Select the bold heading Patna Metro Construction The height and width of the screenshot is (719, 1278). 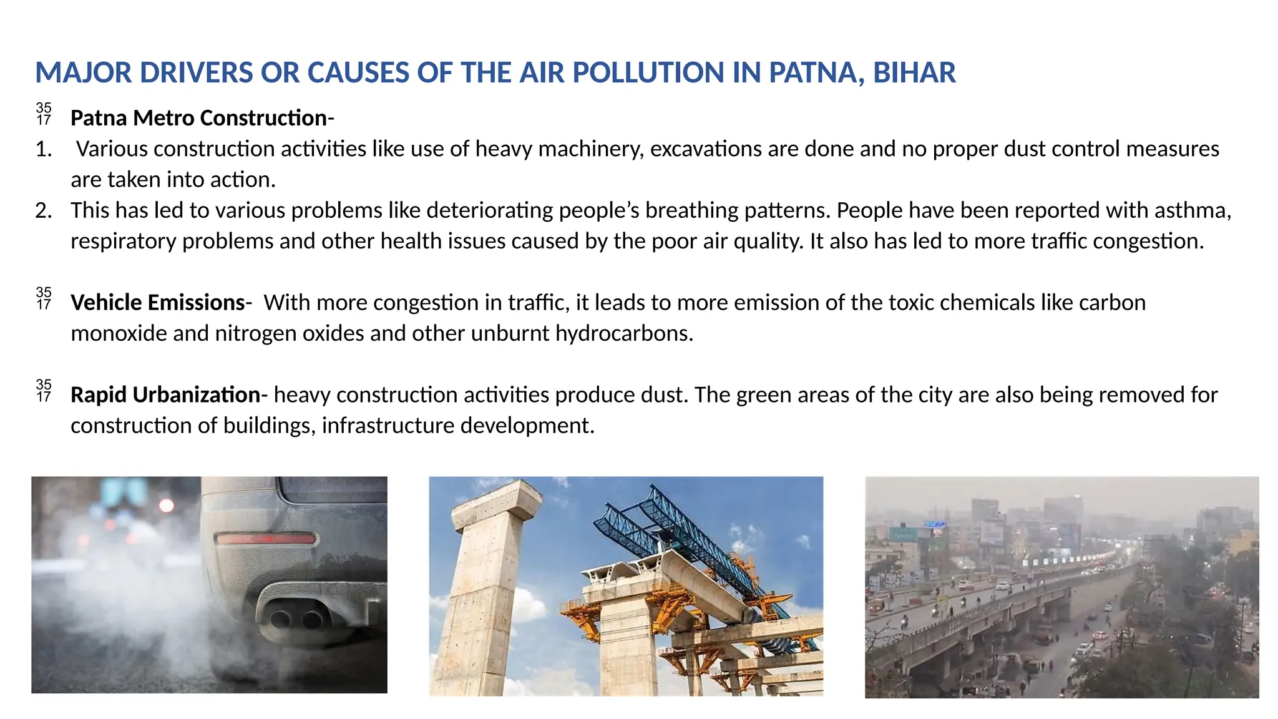coord(198,118)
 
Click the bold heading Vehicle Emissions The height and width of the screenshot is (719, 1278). coord(157,303)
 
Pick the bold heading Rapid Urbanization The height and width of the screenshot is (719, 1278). coord(165,395)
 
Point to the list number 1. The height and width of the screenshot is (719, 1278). coord(43,149)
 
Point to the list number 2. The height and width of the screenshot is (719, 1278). coord(43,210)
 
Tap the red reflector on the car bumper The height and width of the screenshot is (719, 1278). coord(265,539)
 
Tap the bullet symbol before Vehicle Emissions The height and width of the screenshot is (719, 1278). coord(44,299)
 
